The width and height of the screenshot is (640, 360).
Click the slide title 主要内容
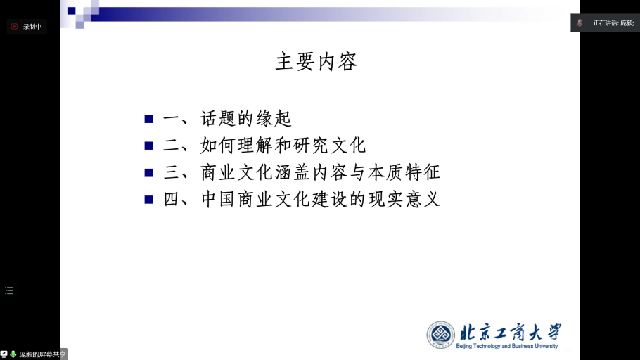point(316,62)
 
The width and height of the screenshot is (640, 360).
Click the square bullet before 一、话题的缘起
point(148,119)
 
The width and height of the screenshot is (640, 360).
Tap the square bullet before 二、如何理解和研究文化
point(148,146)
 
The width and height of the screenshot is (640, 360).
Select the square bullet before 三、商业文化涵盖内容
point(148,173)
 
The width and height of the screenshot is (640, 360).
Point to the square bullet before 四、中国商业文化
point(148,200)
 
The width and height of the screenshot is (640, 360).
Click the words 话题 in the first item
point(217,119)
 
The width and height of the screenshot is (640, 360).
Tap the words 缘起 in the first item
point(274,119)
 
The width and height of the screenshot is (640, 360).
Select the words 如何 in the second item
point(217,146)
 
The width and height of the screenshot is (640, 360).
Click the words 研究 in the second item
point(310,146)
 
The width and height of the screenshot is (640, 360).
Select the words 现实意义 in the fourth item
point(404,200)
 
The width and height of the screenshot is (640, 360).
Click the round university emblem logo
point(440,335)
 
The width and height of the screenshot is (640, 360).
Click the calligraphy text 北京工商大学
point(510,333)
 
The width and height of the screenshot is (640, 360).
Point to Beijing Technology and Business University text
point(507,346)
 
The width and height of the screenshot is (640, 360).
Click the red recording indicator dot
point(14,27)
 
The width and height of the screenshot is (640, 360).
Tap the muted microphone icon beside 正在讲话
point(580,23)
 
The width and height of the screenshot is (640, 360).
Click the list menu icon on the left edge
point(9,290)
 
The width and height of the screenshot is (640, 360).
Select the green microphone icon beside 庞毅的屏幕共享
point(13,354)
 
